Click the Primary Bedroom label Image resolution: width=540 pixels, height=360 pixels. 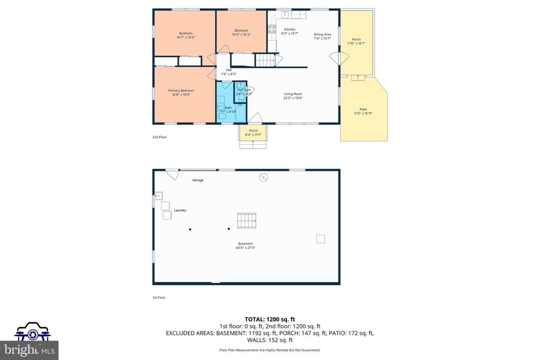pos(181,91)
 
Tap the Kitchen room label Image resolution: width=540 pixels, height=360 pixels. pos(290,30)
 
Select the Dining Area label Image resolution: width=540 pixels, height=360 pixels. pos(322,34)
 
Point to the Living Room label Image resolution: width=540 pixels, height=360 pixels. pos(293,94)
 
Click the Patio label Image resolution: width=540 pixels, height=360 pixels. pos(363,109)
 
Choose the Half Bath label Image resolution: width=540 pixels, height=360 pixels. pos(244,90)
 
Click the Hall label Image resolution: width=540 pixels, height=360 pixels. pos(228,70)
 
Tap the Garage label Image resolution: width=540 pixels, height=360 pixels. pos(198,180)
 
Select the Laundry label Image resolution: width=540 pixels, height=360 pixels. pos(180,210)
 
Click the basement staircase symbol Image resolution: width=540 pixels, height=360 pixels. pos(246,220)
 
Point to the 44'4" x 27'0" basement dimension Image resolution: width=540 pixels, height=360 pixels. pos(245,248)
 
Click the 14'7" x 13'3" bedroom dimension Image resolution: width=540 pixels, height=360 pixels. pos(186,37)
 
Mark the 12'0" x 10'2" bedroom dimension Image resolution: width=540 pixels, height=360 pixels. pos(241,35)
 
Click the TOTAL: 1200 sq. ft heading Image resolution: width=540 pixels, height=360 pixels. pos(269,319)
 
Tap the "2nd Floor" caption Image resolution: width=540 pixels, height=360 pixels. pos(159,137)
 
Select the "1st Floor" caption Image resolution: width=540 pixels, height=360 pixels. pos(159,298)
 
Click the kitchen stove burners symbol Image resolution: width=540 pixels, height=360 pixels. pos(272,30)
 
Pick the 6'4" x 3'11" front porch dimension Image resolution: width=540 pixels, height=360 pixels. pos(253,135)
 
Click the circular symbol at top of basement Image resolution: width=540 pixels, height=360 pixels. pos(263,177)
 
